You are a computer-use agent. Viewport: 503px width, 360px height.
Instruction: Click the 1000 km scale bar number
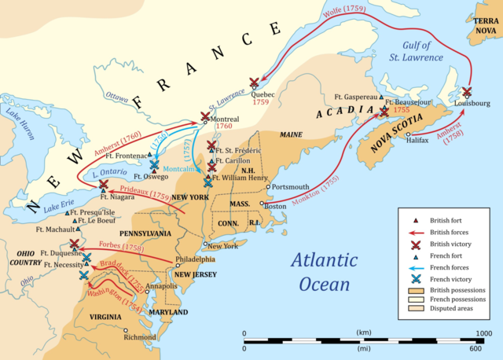click(474, 333)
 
